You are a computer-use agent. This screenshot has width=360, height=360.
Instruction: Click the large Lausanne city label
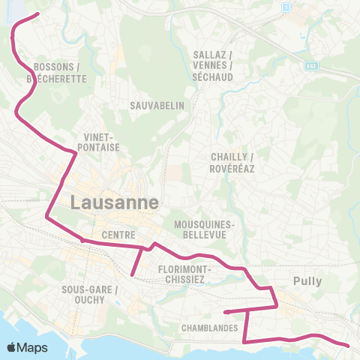(115, 202)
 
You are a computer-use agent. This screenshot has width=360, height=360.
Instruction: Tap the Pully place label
(307, 282)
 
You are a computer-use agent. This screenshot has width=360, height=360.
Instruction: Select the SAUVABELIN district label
(157, 106)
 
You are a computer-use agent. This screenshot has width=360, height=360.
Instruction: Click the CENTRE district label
(118, 235)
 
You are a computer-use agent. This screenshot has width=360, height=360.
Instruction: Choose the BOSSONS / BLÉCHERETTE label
(57, 72)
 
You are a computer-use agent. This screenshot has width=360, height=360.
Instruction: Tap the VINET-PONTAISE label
(99, 142)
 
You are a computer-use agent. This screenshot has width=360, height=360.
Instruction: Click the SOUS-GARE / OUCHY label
(90, 294)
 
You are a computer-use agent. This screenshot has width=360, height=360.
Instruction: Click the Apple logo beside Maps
(13, 347)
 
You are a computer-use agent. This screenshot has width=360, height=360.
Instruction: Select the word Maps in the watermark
(33, 347)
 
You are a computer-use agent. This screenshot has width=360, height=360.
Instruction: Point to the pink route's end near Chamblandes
(225, 311)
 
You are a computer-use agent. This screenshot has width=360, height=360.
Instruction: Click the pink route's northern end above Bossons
(38, 13)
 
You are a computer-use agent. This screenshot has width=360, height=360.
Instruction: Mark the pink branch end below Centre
(133, 274)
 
